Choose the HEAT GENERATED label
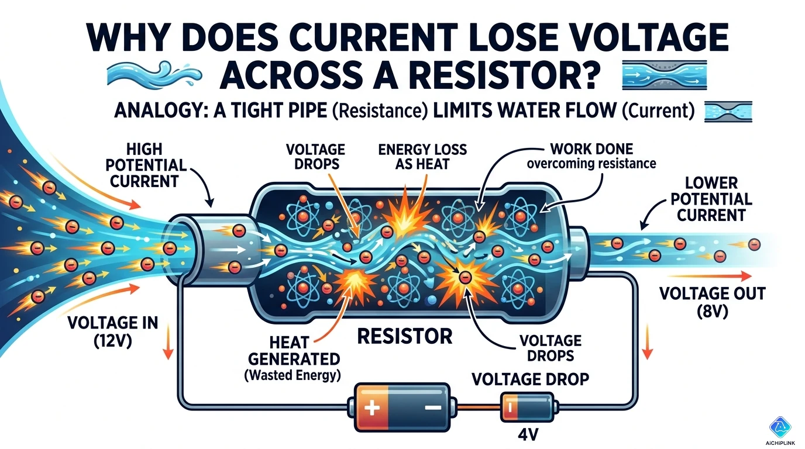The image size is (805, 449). [x=291, y=350]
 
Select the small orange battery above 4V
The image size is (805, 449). [x=526, y=406]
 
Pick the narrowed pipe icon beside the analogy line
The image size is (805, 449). [x=728, y=111]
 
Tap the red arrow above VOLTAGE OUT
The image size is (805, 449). [x=723, y=275]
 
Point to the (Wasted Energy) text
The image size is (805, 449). [x=291, y=374]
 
